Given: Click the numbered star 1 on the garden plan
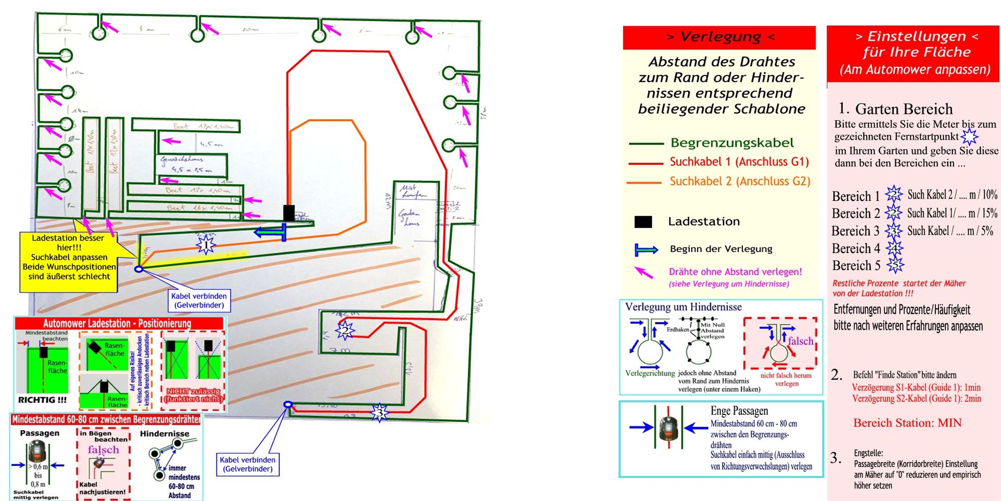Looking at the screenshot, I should [x=205, y=244].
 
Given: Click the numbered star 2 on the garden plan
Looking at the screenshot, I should [x=344, y=330].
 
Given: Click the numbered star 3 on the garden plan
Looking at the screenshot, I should [x=380, y=413].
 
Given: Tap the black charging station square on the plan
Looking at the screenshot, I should [x=289, y=213].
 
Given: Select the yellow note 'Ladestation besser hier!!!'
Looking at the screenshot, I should [x=69, y=257].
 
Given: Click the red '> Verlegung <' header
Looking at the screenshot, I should [x=719, y=37].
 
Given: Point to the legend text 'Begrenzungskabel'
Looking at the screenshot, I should [x=732, y=143].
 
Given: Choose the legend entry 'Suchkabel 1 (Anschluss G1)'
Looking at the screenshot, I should [x=739, y=162].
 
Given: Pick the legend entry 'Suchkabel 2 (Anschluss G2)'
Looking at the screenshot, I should [x=740, y=182].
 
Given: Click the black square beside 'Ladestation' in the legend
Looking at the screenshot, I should [x=643, y=222].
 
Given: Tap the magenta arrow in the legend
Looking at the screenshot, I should [x=644, y=272].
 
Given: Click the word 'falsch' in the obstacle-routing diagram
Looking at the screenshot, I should [x=800, y=341].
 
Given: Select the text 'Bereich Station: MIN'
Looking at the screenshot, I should [x=907, y=423].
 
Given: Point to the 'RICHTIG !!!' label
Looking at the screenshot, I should [x=42, y=400].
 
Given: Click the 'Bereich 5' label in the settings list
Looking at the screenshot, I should [x=856, y=266].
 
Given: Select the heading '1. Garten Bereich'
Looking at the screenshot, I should [x=895, y=109].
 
